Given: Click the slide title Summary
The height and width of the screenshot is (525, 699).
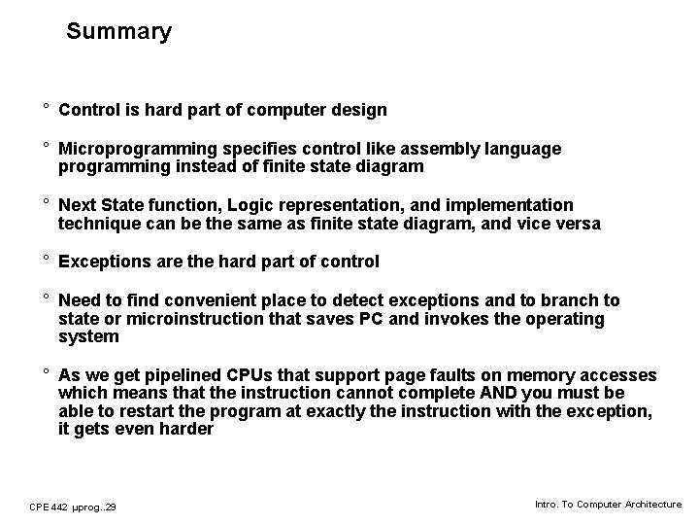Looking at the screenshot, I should [x=118, y=31].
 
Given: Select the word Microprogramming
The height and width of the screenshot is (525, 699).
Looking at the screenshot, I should [x=133, y=149].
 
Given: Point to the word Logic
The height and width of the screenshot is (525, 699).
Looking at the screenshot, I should [x=268, y=205].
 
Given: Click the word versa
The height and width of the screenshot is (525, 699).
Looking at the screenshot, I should [x=577, y=224].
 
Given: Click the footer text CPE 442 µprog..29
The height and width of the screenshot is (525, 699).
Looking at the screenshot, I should [x=73, y=507].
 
